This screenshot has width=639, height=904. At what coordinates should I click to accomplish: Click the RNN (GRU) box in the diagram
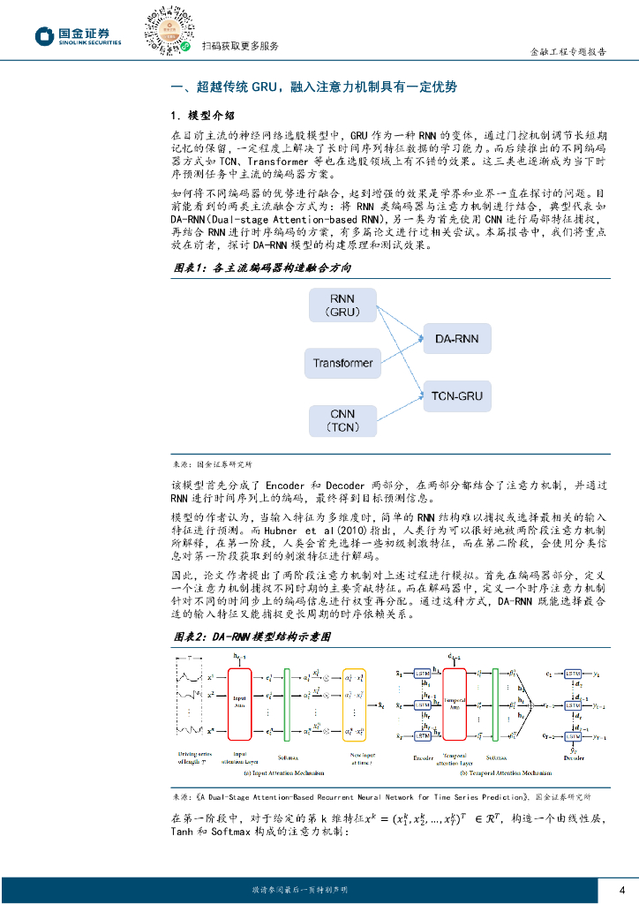click(342, 305)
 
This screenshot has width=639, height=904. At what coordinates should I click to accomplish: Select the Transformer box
click(342, 363)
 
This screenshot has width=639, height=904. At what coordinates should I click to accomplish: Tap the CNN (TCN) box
click(342, 420)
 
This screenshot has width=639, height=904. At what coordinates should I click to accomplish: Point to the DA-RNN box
click(456, 339)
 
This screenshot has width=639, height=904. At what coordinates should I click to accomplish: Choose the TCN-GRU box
click(456, 396)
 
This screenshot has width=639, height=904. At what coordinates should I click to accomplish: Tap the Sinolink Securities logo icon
click(45, 36)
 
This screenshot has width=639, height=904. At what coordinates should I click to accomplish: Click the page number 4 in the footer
click(621, 889)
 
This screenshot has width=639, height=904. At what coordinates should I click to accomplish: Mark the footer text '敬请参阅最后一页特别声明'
click(300, 889)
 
